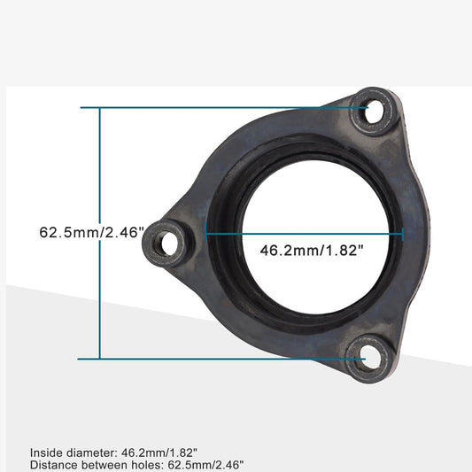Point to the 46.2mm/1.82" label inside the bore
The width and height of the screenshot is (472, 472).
click(313, 251)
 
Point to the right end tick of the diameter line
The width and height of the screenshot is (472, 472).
click(403, 234)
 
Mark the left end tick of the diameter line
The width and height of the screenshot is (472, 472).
click(206, 234)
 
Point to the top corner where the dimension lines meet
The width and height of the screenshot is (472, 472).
click(100, 108)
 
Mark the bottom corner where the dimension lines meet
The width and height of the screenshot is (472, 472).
click(100, 359)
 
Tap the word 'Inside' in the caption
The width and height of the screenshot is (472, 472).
click(46, 451)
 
